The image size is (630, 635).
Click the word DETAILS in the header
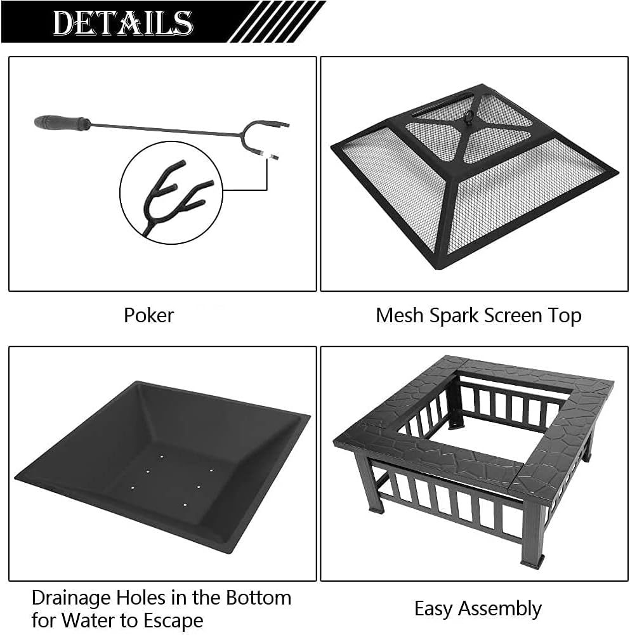[122, 23]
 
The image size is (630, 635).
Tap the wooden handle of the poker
[62, 122]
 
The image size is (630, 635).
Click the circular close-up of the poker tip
[171, 192]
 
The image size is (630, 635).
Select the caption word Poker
[148, 315]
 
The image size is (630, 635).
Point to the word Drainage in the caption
[75, 597]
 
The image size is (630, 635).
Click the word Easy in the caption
[434, 608]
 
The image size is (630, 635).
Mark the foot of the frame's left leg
[374, 507]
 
